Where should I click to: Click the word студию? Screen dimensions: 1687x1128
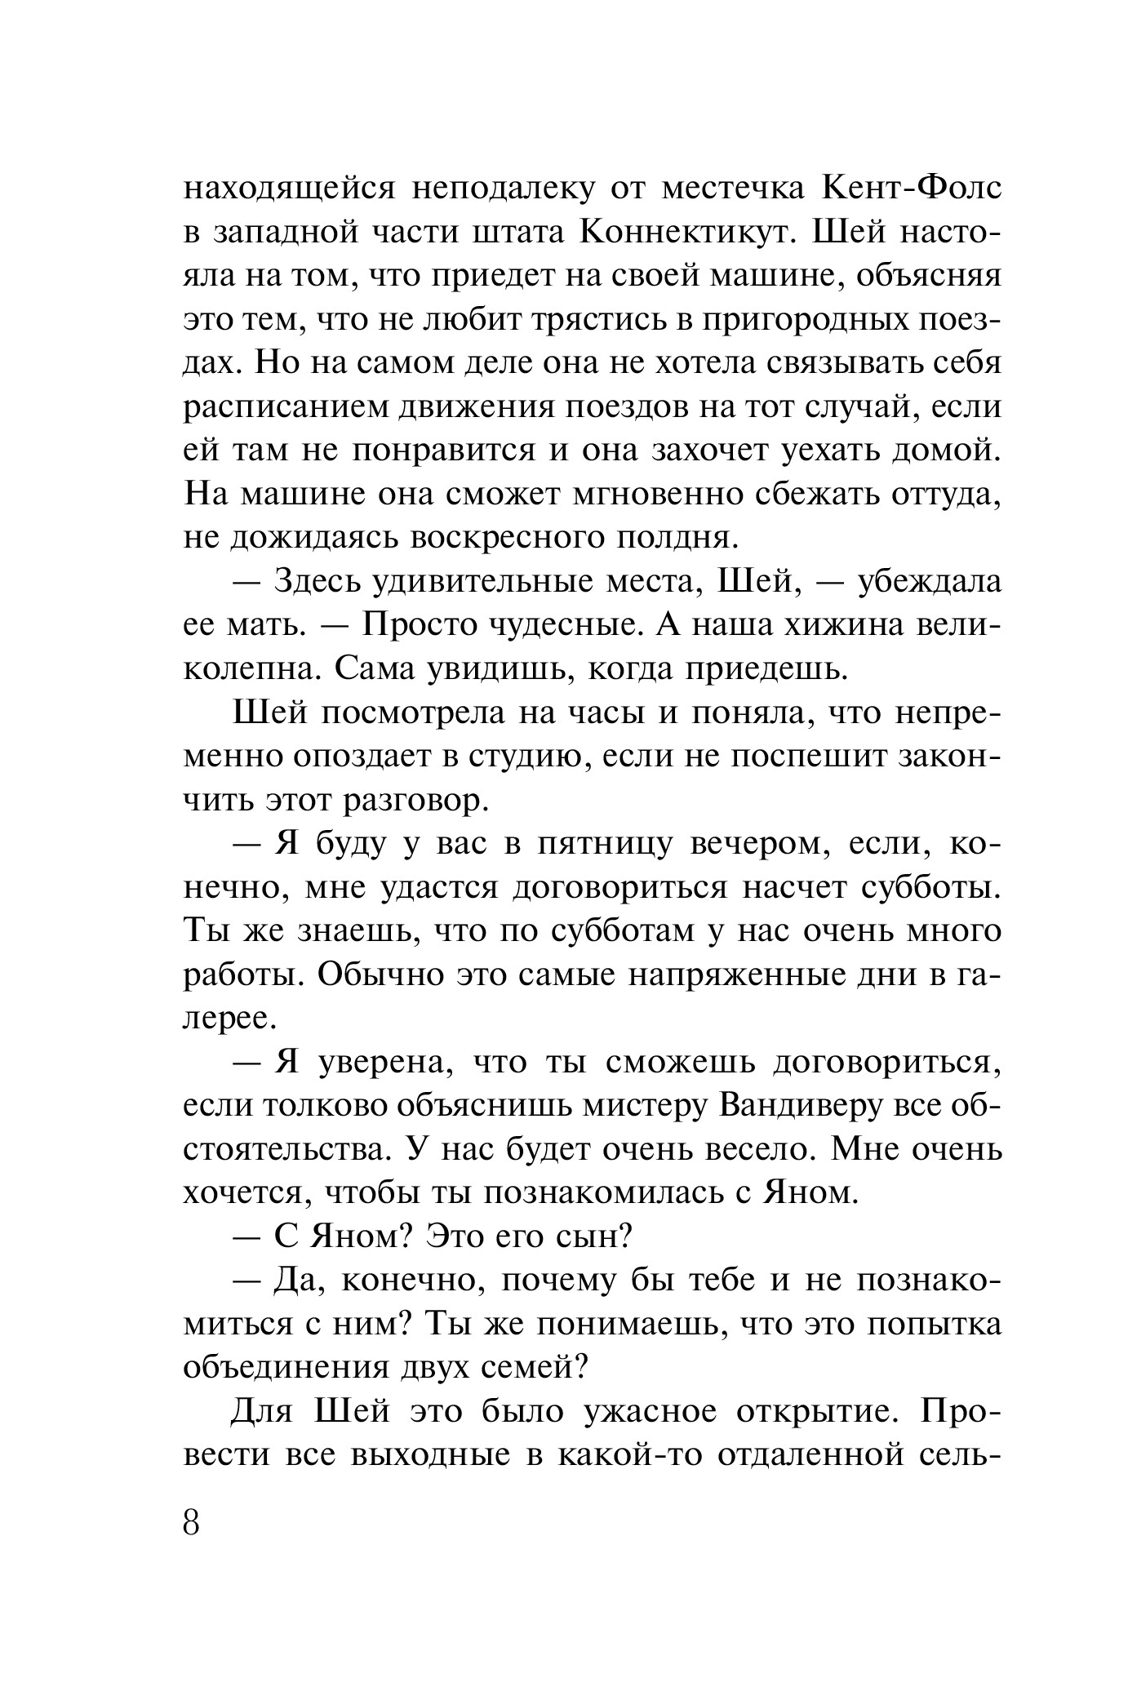530,758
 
